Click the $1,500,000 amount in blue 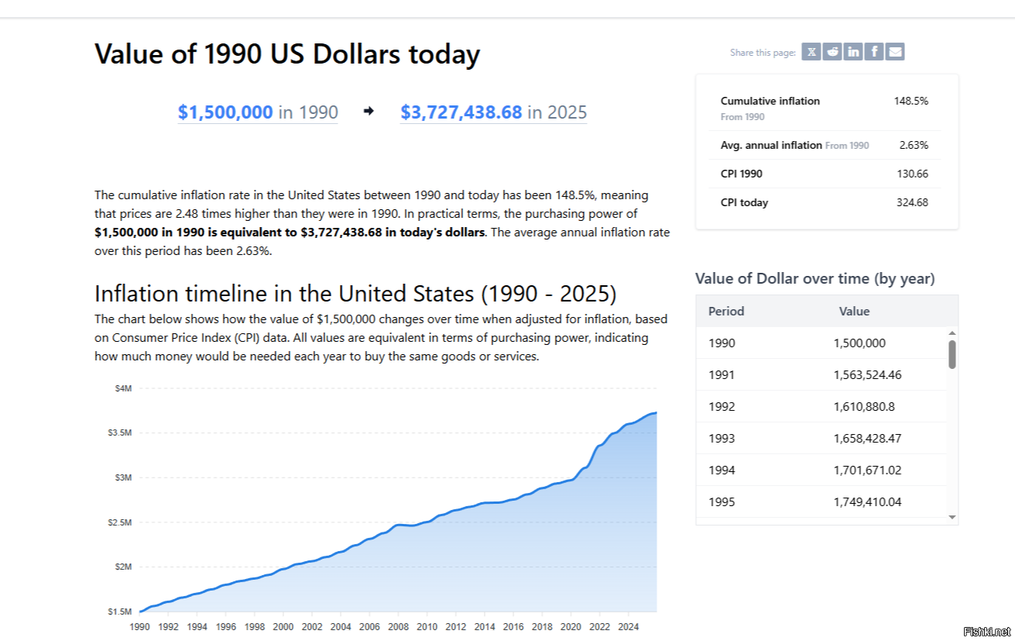225,112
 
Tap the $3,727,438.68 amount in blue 461,112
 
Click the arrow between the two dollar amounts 369,112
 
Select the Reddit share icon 832,52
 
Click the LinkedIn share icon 853,52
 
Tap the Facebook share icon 874,52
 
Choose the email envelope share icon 895,52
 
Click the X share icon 811,52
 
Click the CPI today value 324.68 913,203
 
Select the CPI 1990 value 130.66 913,174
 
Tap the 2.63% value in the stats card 914,145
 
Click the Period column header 726,312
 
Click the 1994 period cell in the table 722,470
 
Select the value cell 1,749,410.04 867,502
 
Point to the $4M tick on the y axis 124,388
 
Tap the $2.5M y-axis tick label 120,522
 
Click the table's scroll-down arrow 952,516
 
